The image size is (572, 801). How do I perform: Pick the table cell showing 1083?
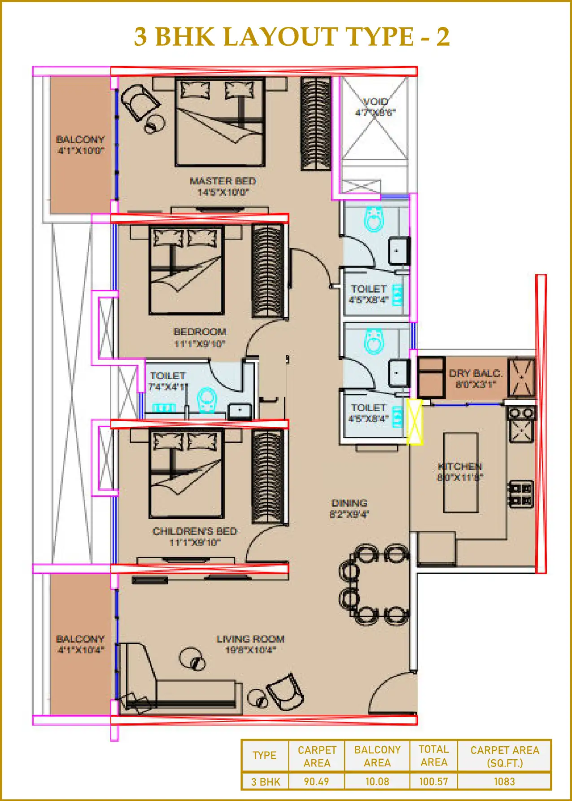(504, 782)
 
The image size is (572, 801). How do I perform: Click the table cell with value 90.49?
(316, 782)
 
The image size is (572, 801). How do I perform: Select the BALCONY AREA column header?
(377, 756)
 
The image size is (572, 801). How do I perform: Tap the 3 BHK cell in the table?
(265, 782)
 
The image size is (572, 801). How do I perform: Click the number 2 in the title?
(443, 37)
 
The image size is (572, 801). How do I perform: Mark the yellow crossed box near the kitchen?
(415, 422)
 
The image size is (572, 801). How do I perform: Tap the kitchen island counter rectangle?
(461, 473)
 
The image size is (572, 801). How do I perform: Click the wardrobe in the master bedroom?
(315, 124)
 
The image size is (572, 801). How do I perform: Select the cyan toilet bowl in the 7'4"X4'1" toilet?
(207, 400)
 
